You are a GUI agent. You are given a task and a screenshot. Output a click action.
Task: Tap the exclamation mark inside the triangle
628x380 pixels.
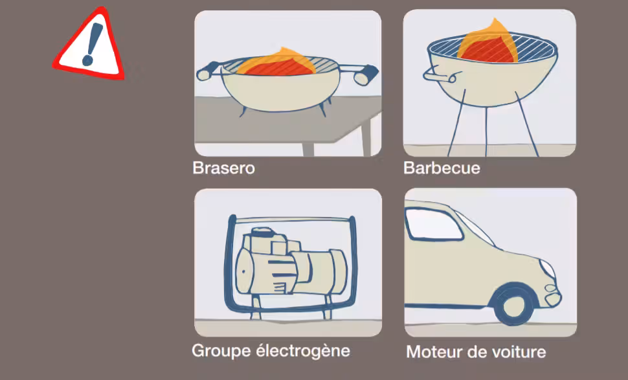[x=92, y=44]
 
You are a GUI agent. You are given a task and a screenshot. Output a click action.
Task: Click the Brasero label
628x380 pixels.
[x=223, y=168]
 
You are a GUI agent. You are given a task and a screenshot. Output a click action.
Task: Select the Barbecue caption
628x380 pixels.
[x=442, y=168]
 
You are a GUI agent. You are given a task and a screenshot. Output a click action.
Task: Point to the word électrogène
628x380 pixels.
[x=303, y=351]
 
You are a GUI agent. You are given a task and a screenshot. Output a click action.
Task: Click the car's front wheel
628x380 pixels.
[x=513, y=304]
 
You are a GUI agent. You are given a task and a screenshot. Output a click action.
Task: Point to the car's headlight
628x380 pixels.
[x=548, y=269]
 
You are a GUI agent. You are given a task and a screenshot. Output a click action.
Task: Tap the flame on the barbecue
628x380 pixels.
[x=488, y=43]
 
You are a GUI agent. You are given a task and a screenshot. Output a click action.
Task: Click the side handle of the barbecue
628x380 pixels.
[x=440, y=76]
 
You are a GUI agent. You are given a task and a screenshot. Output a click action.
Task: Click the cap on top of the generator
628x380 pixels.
[x=263, y=232]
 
